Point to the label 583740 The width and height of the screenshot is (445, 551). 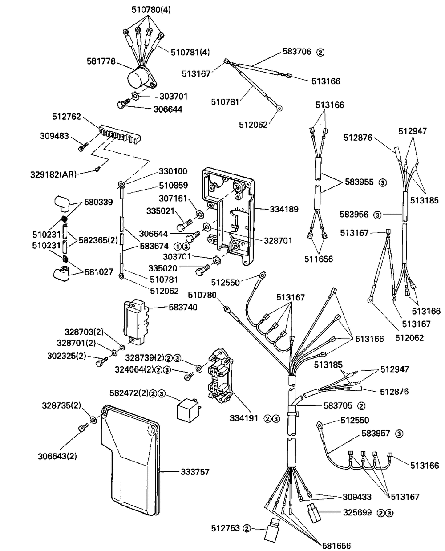(184, 307)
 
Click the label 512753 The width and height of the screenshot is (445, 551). (226, 528)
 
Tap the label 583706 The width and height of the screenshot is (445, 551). (297, 52)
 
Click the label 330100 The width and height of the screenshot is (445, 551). (174, 171)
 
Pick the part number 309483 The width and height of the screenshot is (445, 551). (54, 136)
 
